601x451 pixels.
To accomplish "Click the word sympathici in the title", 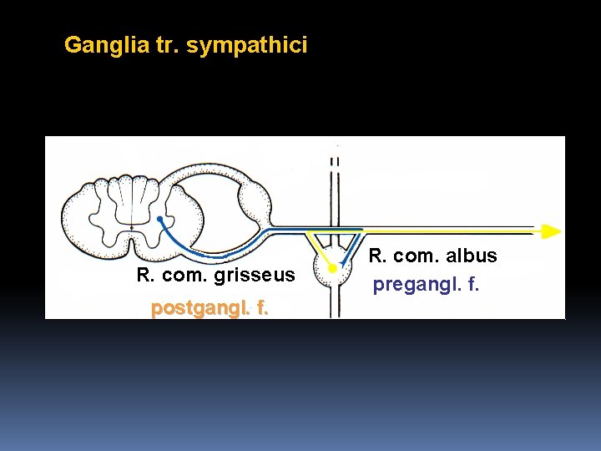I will [x=247, y=45].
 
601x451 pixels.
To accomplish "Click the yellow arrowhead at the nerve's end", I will [x=550, y=231].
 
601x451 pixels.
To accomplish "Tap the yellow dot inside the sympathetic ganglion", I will [x=331, y=270].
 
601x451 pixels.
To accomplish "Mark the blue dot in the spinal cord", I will [x=159, y=220].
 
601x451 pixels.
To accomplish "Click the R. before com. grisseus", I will [x=144, y=275].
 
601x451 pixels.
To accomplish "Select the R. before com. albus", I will [x=377, y=256].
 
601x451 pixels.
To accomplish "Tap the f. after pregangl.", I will [x=473, y=285].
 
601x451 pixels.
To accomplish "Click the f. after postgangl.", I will [x=261, y=308].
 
